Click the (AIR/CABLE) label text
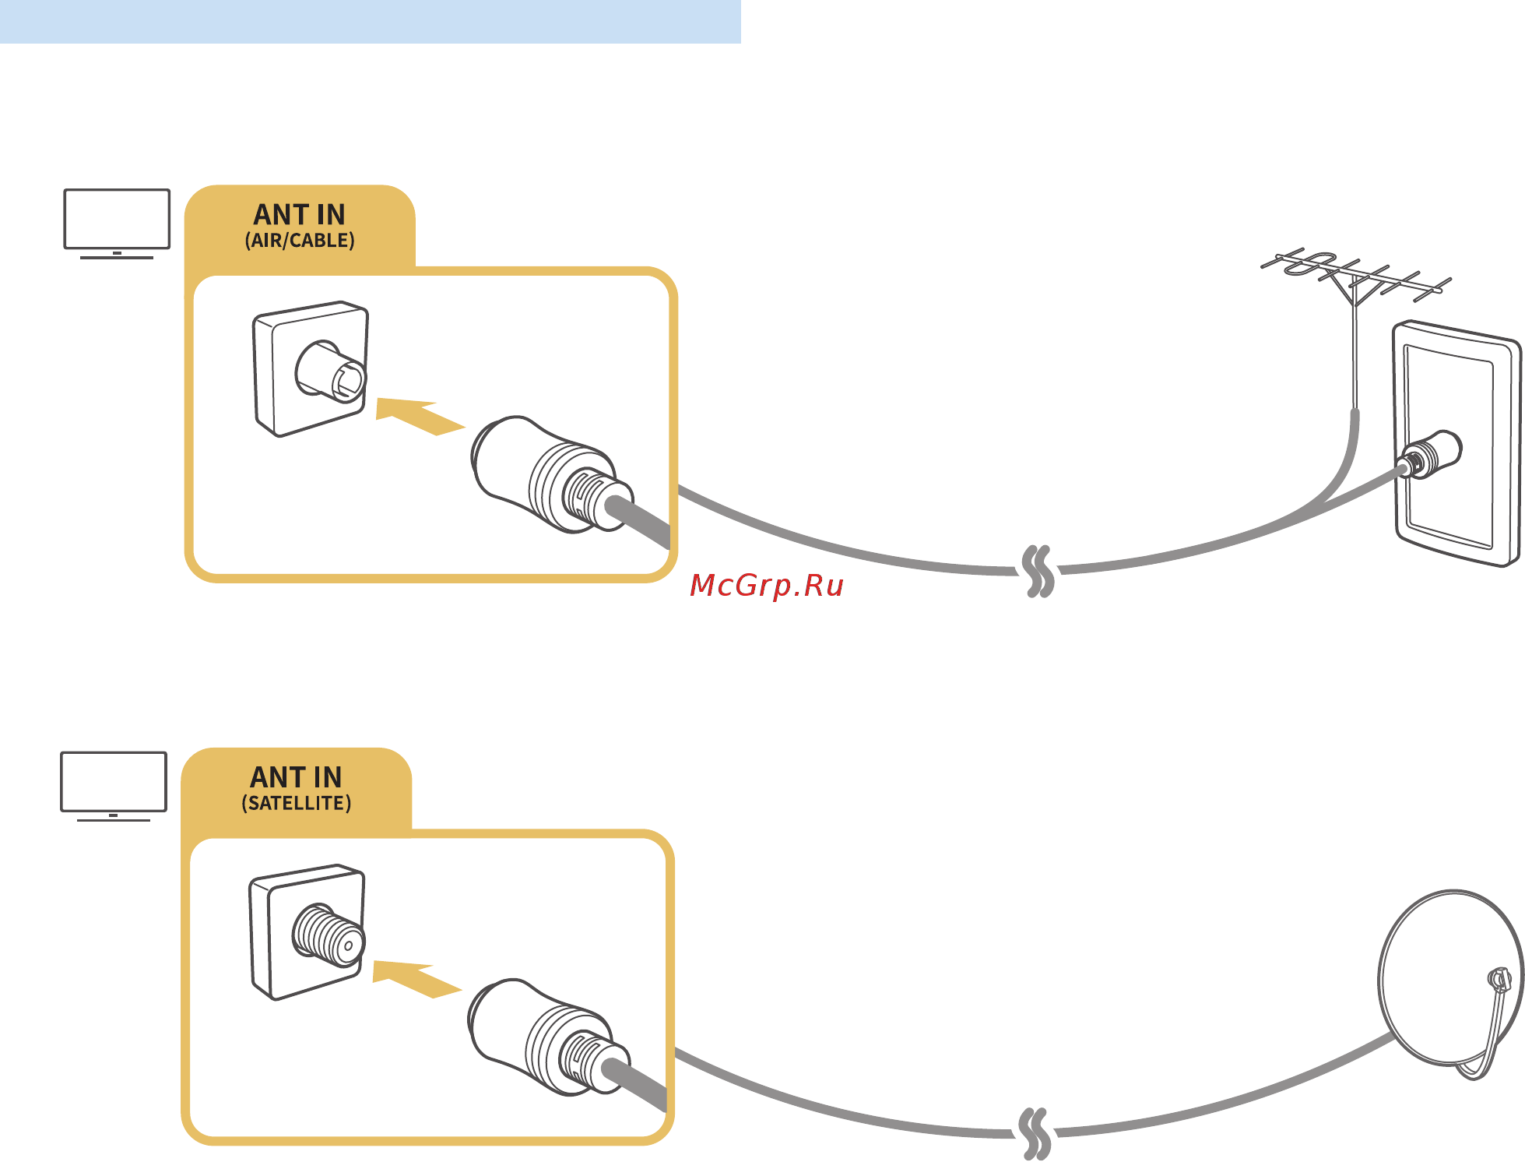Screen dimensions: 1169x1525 pyautogui.click(x=300, y=241)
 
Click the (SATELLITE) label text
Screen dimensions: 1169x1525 pyautogui.click(x=296, y=803)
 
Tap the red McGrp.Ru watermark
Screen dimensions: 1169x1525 pyautogui.click(x=767, y=586)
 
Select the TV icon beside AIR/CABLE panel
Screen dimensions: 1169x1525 pyautogui.click(x=117, y=221)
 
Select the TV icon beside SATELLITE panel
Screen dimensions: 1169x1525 pyautogui.click(x=114, y=784)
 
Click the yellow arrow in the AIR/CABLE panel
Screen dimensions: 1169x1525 pyautogui.click(x=418, y=416)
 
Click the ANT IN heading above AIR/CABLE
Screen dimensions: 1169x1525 pyautogui.click(x=300, y=214)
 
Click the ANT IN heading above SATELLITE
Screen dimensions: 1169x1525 pyautogui.click(x=296, y=777)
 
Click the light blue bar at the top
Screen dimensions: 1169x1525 pyautogui.click(x=370, y=21)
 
